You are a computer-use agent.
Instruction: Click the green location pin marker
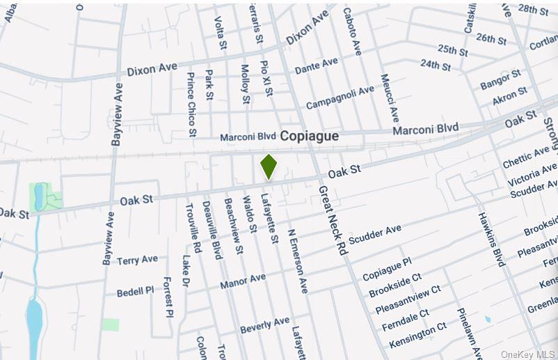click(x=269, y=166)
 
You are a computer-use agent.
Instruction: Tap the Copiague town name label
click(x=310, y=136)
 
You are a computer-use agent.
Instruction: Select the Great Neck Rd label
click(x=332, y=220)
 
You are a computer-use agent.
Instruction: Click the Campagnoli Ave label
click(x=340, y=97)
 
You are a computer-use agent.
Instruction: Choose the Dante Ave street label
click(x=316, y=67)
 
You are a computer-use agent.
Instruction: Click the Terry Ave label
click(x=137, y=260)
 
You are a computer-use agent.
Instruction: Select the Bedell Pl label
click(x=135, y=290)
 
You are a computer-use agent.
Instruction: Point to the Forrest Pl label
click(x=168, y=297)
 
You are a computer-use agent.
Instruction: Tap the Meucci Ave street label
click(x=389, y=98)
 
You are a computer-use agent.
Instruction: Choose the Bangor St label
click(x=500, y=79)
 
